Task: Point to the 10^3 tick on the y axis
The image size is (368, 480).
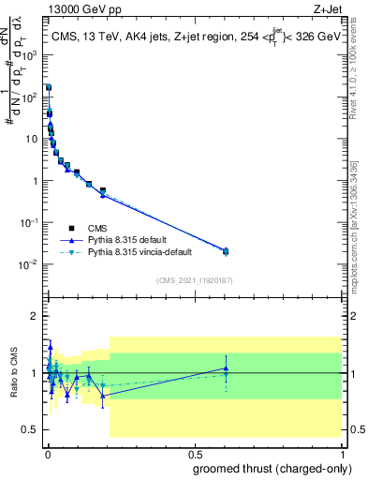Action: [x=44, y=54]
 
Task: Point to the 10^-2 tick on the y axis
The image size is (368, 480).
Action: [x=44, y=263]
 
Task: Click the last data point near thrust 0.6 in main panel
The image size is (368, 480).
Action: [x=225, y=250]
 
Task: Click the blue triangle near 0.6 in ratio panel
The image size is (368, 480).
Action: [x=225, y=368]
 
